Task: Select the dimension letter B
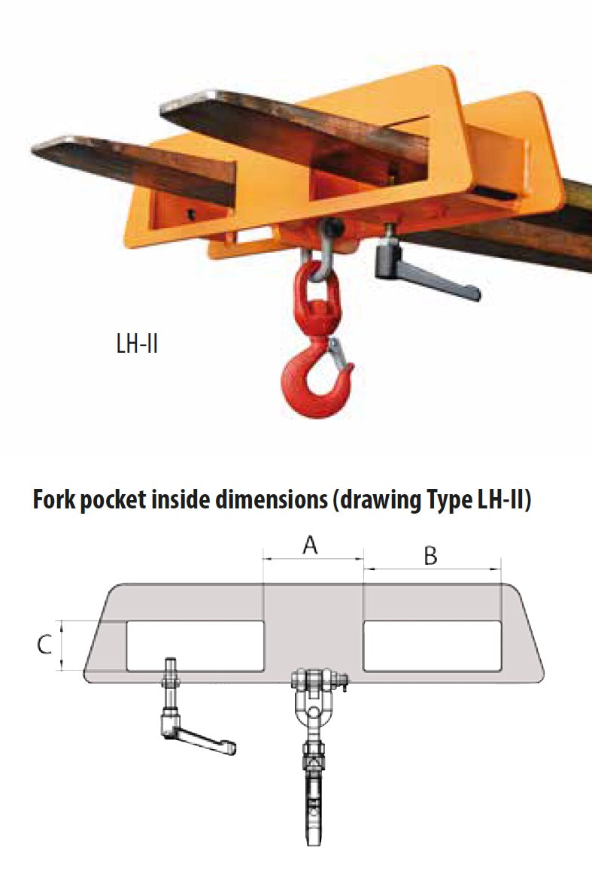pyautogui.click(x=430, y=556)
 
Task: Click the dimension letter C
pyautogui.click(x=45, y=644)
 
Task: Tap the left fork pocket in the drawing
pyautogui.click(x=195, y=645)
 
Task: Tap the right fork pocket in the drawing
pyautogui.click(x=432, y=645)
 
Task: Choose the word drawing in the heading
pyautogui.click(x=375, y=502)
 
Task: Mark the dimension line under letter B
pyautogui.click(x=433, y=569)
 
